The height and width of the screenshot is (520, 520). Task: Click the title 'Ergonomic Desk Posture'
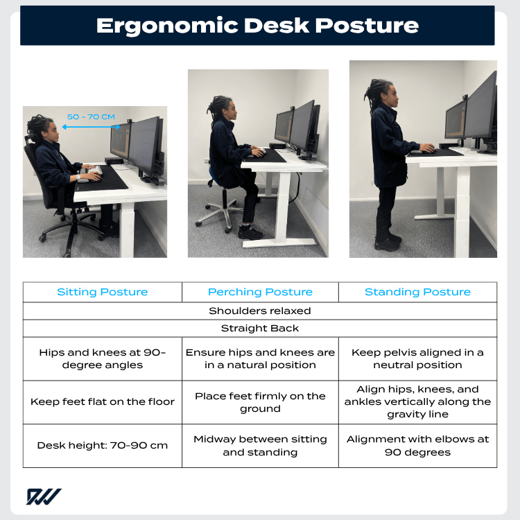click(x=257, y=26)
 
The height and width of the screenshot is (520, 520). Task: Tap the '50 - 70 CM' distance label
click(x=91, y=116)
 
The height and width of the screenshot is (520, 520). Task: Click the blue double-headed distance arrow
click(x=91, y=127)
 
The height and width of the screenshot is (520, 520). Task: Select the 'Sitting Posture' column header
click(x=103, y=292)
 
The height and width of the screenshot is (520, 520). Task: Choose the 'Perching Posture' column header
click(x=260, y=292)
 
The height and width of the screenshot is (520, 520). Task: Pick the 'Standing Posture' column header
click(x=417, y=292)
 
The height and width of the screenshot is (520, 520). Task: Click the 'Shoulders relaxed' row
click(x=260, y=311)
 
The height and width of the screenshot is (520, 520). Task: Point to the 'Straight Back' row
click(x=260, y=329)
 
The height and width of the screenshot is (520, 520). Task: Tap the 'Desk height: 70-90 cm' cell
click(x=103, y=445)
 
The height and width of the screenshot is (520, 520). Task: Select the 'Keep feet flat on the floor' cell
click(x=103, y=402)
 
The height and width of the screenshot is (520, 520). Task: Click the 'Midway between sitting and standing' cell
click(x=260, y=445)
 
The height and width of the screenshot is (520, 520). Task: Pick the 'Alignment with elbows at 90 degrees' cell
click(x=417, y=445)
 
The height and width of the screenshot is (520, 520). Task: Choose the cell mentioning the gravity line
click(x=417, y=402)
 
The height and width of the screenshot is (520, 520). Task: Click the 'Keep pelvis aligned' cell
click(x=417, y=358)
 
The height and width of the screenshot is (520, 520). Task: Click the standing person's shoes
click(x=388, y=243)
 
